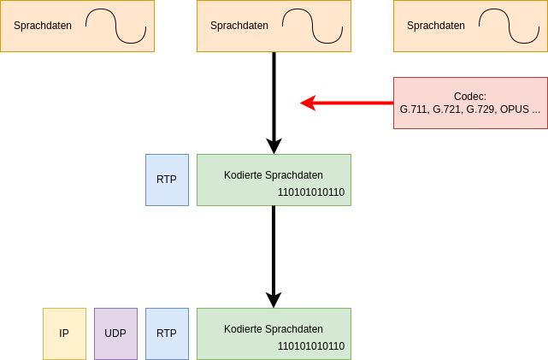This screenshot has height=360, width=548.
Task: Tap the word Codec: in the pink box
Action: click(470, 97)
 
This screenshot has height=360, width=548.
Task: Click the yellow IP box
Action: click(64, 333)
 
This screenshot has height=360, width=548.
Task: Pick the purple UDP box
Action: click(115, 333)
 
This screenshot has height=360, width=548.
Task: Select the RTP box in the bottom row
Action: click(167, 333)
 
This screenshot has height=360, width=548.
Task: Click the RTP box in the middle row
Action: click(167, 180)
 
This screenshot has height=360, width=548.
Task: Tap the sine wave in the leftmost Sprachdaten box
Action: click(115, 26)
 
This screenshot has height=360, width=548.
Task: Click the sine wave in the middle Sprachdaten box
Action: click(312, 26)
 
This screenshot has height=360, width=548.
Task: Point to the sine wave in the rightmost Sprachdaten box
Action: click(509, 26)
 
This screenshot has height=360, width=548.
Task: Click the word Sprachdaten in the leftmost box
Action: click(43, 26)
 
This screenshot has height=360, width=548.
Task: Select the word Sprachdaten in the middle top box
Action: click(239, 26)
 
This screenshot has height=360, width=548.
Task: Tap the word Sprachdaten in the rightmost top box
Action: click(436, 26)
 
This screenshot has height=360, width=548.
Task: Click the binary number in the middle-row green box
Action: click(311, 192)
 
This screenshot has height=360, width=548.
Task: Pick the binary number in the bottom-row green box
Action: click(311, 346)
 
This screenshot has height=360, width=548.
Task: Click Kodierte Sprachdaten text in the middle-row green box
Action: click(274, 175)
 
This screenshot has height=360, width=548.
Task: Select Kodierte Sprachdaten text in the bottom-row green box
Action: click(274, 329)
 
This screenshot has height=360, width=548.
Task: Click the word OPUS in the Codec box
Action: click(515, 109)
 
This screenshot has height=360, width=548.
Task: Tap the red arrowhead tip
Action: click(302, 103)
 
